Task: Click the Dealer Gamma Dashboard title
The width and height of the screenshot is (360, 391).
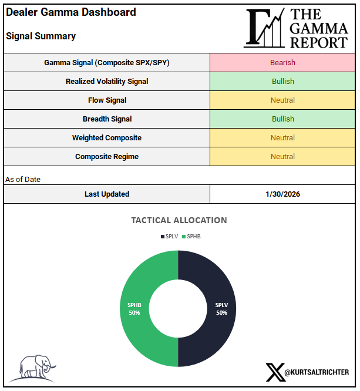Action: [x=70, y=12]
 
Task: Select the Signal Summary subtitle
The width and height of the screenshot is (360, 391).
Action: [x=41, y=36]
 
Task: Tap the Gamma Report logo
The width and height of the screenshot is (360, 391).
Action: [x=297, y=28]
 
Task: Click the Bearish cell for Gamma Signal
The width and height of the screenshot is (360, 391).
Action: [x=282, y=62]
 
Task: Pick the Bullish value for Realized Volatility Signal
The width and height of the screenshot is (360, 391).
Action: [x=282, y=81]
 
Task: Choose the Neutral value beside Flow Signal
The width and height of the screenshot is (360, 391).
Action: [x=282, y=100]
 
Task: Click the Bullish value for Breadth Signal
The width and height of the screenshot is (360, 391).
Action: [x=282, y=119]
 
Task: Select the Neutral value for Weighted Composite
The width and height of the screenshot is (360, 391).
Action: [x=282, y=137]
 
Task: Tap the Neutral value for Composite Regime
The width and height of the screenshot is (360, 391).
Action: [x=282, y=156]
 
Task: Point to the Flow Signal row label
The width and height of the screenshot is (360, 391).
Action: [x=107, y=100]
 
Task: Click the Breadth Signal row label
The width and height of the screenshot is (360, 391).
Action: [x=107, y=119]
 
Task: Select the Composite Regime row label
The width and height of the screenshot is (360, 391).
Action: [x=107, y=156]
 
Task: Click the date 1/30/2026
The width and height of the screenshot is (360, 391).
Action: [x=282, y=194]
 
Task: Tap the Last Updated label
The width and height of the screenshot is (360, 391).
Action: [x=107, y=194]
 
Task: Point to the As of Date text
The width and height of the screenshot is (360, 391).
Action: [x=23, y=179]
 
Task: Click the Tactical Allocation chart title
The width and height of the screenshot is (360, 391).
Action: [x=179, y=220]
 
